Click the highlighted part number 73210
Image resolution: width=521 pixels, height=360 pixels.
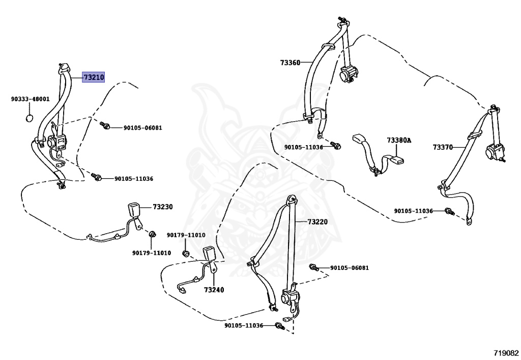coord(94,77)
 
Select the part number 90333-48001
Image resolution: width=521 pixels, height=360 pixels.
coord(31,99)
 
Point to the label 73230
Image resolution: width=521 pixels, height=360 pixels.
coord(163,207)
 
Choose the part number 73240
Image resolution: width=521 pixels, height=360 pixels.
coord(214,290)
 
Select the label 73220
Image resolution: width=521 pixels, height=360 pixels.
coord(317,222)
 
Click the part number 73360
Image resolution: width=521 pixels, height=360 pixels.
coord(290,63)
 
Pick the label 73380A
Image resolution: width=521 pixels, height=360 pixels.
coord(398,140)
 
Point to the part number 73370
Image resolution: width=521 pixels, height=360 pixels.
coord(443,147)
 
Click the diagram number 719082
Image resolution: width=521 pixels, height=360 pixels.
coord(505,352)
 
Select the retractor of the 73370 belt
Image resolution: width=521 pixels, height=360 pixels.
coord(493,152)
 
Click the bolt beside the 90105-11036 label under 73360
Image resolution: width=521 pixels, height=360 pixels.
coord(336,147)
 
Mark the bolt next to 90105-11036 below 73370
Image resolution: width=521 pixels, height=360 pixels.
coord(449,211)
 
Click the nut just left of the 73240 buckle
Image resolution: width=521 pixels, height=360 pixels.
coord(186,254)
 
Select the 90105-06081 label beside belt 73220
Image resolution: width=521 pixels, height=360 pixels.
coord(350,267)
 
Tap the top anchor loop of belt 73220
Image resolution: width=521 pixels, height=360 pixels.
coord(292,199)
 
